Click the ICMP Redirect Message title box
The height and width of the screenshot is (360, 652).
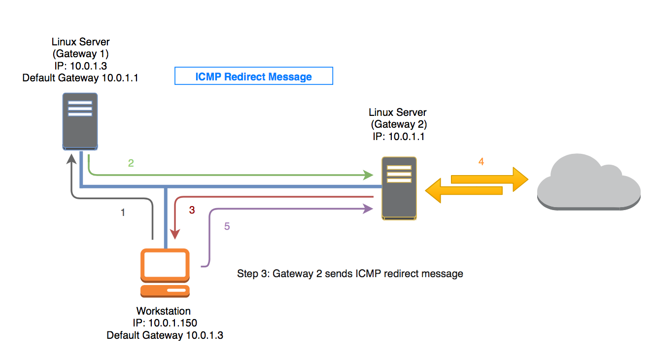pyautogui.click(x=254, y=76)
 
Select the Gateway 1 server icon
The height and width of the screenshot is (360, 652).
pyautogui.click(x=80, y=121)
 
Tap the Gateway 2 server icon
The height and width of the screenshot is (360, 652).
pyautogui.click(x=399, y=188)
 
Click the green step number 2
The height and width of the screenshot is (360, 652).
pyautogui.click(x=131, y=163)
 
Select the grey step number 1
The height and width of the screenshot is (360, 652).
pyautogui.click(x=123, y=213)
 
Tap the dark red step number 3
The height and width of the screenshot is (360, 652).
pyautogui.click(x=192, y=210)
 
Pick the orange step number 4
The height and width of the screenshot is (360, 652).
pyautogui.click(x=481, y=161)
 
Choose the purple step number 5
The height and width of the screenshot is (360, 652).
pyautogui.click(x=227, y=226)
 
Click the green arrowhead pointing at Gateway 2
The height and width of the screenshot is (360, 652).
pyautogui.click(x=368, y=175)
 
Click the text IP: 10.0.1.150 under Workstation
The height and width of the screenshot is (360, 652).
pyautogui.click(x=164, y=323)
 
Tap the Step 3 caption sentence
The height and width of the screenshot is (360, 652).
pyautogui.click(x=350, y=273)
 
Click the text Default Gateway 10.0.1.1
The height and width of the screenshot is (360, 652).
pyautogui.click(x=80, y=78)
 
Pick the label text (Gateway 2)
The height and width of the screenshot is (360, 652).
pyautogui.click(x=398, y=124)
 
